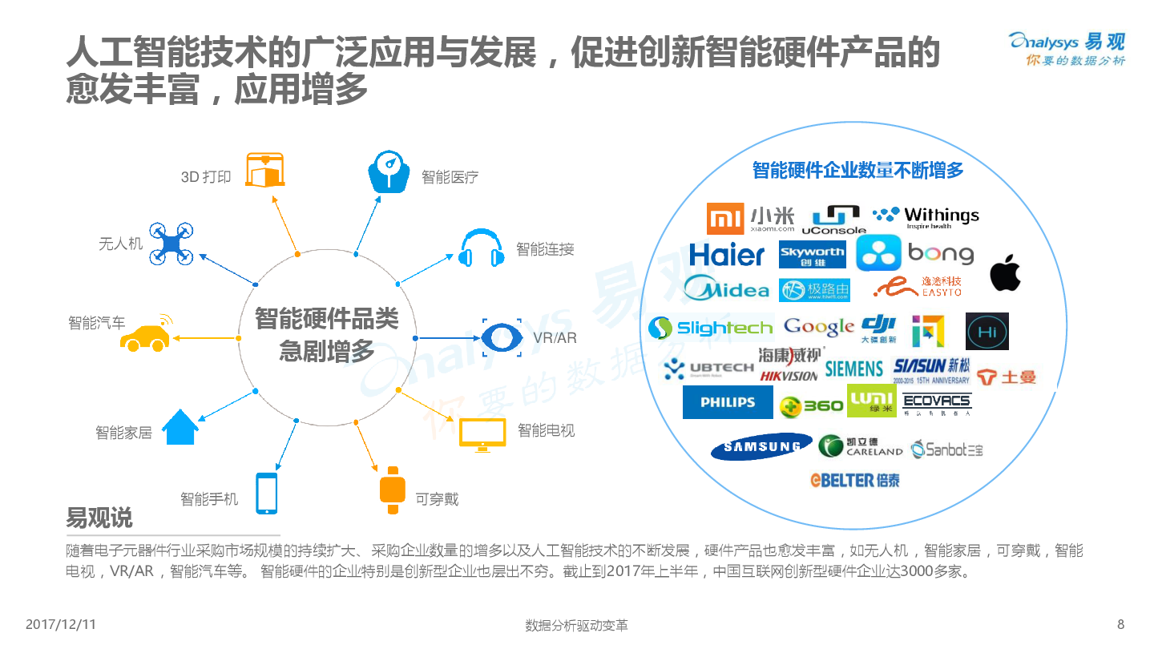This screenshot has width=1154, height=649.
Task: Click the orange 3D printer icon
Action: (x=265, y=169)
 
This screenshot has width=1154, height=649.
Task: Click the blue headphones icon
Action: (x=482, y=248)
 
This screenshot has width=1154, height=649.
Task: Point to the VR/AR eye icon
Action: (x=502, y=337)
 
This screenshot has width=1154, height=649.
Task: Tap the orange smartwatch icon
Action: (x=393, y=490)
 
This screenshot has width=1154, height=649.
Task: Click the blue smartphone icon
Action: (x=267, y=493)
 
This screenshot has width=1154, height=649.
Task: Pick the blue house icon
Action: (x=180, y=427)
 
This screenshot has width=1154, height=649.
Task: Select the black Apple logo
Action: (x=1006, y=273)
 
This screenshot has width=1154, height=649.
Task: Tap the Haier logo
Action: (x=727, y=255)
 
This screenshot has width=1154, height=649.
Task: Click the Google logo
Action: (x=818, y=327)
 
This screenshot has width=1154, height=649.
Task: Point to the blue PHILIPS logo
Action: (x=728, y=402)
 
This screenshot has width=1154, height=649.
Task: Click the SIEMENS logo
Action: (x=853, y=369)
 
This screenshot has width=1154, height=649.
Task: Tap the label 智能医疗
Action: (x=450, y=177)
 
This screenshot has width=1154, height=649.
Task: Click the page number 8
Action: (x=1120, y=624)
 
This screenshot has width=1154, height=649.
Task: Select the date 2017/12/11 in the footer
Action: (x=61, y=624)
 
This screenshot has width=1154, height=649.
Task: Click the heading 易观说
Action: (x=99, y=518)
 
